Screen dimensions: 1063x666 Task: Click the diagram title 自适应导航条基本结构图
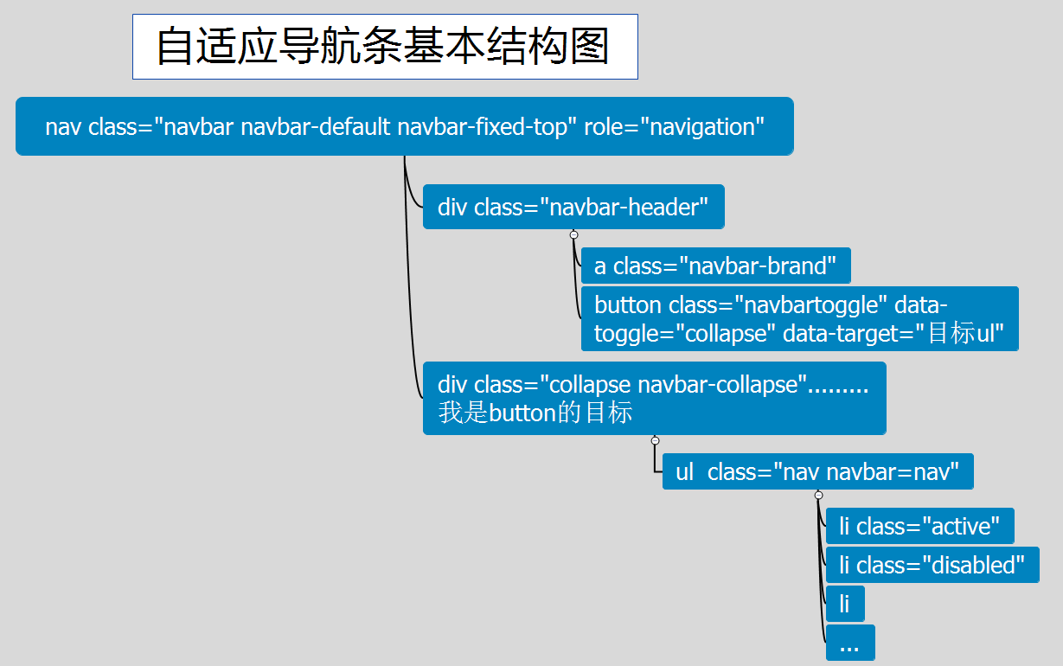(384, 47)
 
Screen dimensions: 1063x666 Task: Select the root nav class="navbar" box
(404, 126)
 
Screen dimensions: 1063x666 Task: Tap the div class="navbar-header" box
(573, 207)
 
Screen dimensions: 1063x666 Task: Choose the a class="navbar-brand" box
(715, 266)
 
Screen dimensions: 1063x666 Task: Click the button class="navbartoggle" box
(799, 318)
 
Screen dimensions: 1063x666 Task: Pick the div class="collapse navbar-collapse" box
(654, 398)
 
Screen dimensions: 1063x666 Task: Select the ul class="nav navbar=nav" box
(817, 471)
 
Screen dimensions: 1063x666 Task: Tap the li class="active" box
(919, 526)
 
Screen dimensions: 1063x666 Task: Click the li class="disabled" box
(932, 565)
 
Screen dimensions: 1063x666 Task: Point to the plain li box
(844, 604)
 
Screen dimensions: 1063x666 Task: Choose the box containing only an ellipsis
(849, 643)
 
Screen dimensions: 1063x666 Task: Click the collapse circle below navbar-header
(573, 234)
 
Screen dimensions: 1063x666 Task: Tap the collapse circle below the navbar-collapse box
(655, 441)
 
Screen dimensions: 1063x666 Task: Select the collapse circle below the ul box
(818, 496)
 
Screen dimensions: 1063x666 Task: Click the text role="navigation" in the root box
(674, 126)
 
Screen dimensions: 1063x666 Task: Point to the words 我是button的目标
(535, 413)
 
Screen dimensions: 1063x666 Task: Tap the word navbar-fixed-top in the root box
(487, 126)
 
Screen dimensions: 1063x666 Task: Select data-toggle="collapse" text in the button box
(684, 334)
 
